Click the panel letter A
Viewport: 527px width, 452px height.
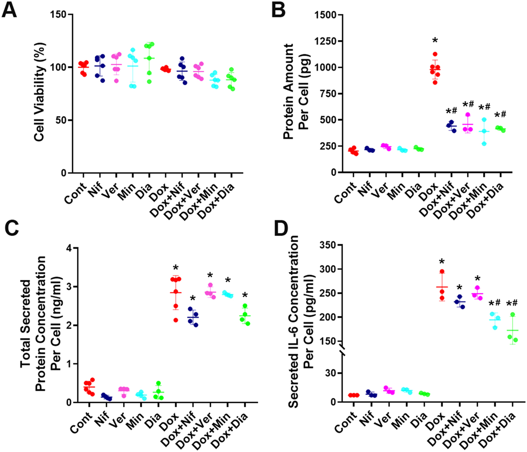click(10, 10)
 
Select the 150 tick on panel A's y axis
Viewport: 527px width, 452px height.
click(59, 15)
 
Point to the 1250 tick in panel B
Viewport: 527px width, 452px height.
click(325, 41)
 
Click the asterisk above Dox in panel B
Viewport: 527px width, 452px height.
click(435, 40)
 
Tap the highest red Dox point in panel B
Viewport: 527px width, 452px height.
click(435, 54)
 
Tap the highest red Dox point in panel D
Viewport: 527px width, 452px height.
click(442, 272)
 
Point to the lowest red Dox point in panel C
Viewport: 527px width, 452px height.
click(176, 320)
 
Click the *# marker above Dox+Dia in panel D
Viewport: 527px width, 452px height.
click(512, 304)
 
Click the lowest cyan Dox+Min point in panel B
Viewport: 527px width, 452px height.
click(483, 144)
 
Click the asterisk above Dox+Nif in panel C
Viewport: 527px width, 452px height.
click(193, 298)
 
